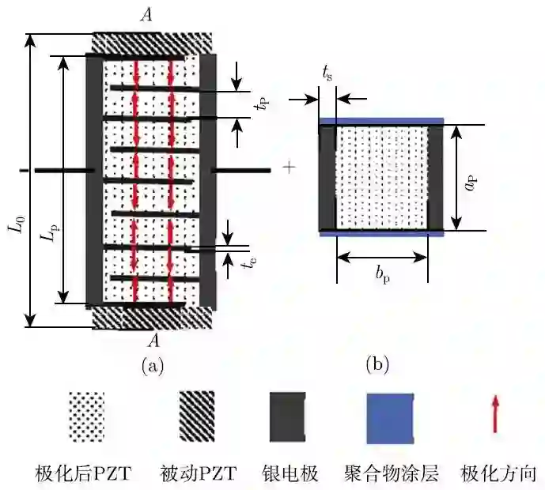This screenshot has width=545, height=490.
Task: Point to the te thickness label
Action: [x=248, y=263]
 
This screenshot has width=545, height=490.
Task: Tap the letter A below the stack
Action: [x=153, y=341]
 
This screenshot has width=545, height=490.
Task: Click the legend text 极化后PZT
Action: [x=82, y=473]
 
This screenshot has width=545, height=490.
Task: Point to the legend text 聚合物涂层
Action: [x=391, y=473]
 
